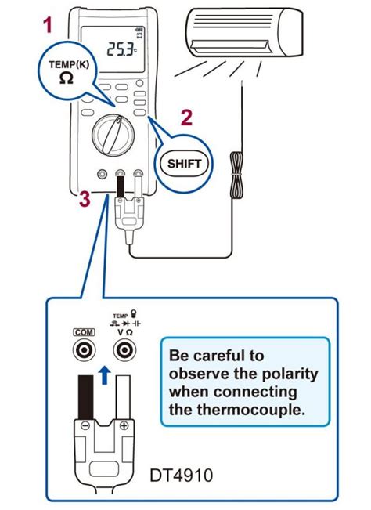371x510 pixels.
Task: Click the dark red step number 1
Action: [48, 26]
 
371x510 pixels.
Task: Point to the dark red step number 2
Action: [185, 118]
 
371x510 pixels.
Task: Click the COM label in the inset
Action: [82, 332]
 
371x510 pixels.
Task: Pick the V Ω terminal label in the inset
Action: [124, 332]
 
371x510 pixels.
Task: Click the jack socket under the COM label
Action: [82, 353]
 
